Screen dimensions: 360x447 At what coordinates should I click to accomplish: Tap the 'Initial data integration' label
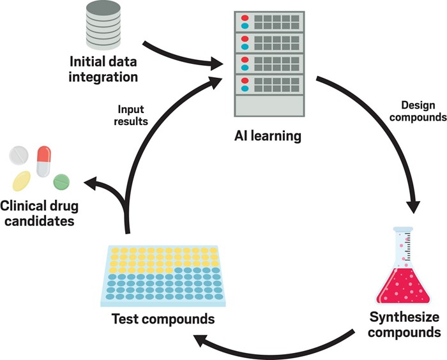point(103,70)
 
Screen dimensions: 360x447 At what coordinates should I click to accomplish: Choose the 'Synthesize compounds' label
point(405,324)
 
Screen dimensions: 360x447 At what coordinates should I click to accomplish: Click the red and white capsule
point(44,161)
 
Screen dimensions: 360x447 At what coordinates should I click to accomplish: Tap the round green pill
point(62,181)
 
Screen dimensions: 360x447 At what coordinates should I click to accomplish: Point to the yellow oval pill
point(21,181)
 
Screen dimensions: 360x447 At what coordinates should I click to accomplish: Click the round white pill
point(19,155)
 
